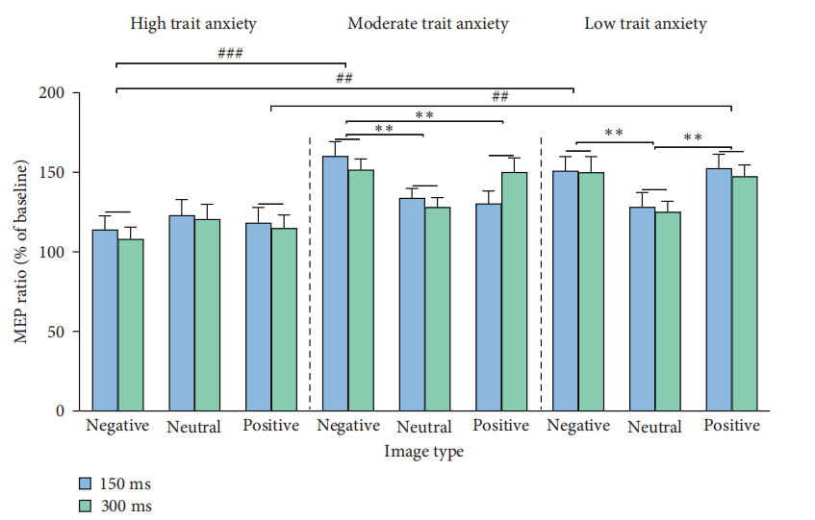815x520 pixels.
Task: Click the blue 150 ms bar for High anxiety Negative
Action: point(105,320)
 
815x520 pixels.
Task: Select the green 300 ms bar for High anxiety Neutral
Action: point(207,315)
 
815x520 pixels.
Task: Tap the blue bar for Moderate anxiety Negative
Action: point(335,284)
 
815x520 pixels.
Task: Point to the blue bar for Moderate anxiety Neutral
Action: point(411,305)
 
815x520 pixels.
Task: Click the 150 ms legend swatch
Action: point(85,483)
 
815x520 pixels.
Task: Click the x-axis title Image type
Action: point(423,451)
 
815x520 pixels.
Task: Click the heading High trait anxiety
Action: point(193,23)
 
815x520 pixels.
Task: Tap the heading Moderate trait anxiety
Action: point(428,23)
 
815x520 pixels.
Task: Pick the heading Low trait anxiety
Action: point(646,23)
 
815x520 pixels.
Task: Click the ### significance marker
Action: point(229,54)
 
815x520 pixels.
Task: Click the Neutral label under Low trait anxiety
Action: point(654,427)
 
